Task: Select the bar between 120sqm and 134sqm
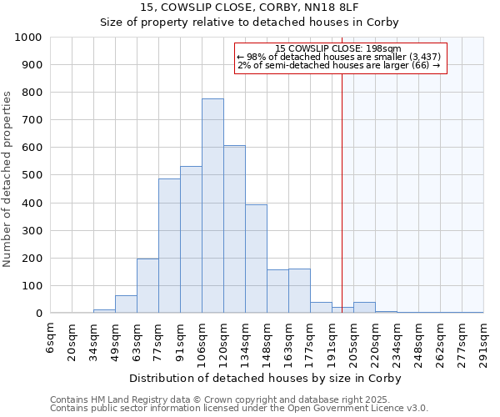point(234,229)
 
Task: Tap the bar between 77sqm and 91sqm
point(169,246)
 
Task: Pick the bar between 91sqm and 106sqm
point(191,239)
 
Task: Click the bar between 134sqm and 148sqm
point(256,259)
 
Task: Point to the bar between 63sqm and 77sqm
point(147,286)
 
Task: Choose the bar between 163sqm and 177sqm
point(299,291)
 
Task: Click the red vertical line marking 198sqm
point(342,192)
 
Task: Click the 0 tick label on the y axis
point(39,314)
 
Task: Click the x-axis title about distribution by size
point(267,378)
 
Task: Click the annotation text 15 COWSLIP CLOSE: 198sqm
point(338,48)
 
